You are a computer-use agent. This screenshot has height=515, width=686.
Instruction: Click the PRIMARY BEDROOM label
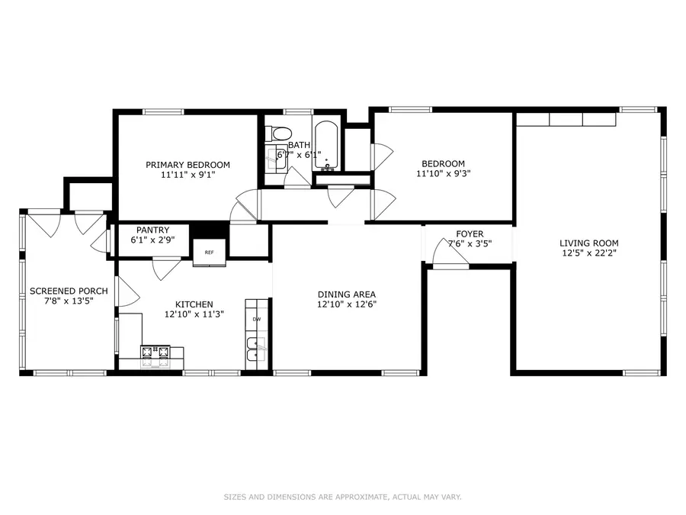pos(188,165)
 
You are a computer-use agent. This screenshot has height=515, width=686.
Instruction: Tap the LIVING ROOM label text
pos(588,243)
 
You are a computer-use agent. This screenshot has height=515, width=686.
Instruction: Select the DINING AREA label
pos(347,295)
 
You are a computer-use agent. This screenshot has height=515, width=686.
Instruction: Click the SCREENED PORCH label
pos(69,291)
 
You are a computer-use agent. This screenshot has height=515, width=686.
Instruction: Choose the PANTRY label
pos(152,230)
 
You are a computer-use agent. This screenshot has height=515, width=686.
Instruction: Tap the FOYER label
pos(470,234)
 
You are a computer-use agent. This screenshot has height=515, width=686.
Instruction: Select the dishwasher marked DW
pos(257,319)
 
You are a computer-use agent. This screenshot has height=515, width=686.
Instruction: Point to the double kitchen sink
pos(256,353)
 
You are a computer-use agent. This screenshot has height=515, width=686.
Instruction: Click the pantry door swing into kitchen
pos(166,269)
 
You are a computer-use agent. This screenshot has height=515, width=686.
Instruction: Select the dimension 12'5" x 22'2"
pos(588,253)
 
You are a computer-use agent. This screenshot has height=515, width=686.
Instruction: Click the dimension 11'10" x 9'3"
pos(444,174)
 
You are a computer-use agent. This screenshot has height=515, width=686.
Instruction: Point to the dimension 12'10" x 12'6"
pos(347,304)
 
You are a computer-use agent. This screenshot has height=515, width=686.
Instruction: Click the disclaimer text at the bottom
pos(342,497)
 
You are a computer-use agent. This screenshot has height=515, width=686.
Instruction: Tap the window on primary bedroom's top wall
pos(163,112)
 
